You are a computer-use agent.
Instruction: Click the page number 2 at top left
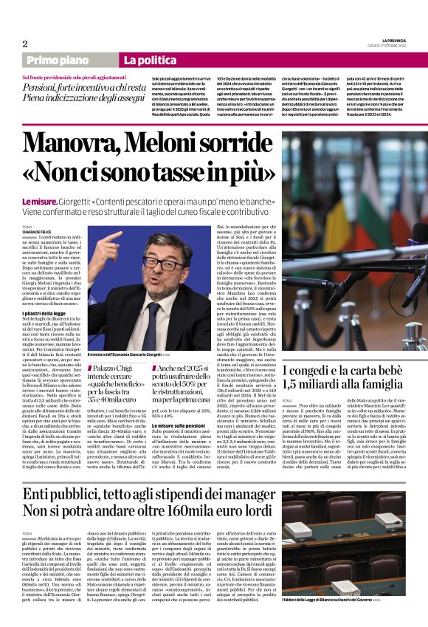point(25,44)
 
